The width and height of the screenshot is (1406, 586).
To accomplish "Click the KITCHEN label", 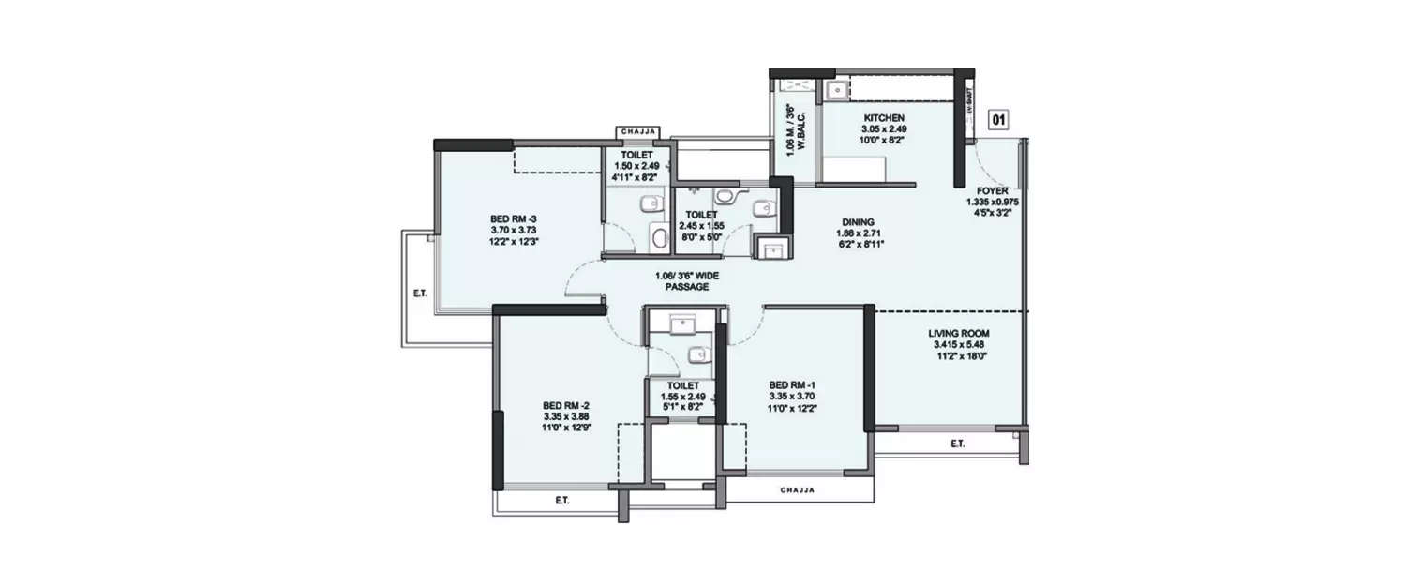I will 883,118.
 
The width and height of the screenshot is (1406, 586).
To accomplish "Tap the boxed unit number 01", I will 999,120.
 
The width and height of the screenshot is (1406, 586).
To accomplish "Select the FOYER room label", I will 992,191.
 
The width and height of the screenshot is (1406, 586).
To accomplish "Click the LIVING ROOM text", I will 959,333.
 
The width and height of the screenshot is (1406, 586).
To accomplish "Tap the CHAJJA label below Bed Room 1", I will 798,490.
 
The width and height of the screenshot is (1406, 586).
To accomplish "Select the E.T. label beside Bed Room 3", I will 419,293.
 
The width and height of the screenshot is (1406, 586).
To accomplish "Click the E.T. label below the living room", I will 957,443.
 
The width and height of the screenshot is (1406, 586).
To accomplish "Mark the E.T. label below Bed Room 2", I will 561,501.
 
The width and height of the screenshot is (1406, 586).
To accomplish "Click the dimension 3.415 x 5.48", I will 959,344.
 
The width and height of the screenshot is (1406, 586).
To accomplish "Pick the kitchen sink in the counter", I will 836,90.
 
